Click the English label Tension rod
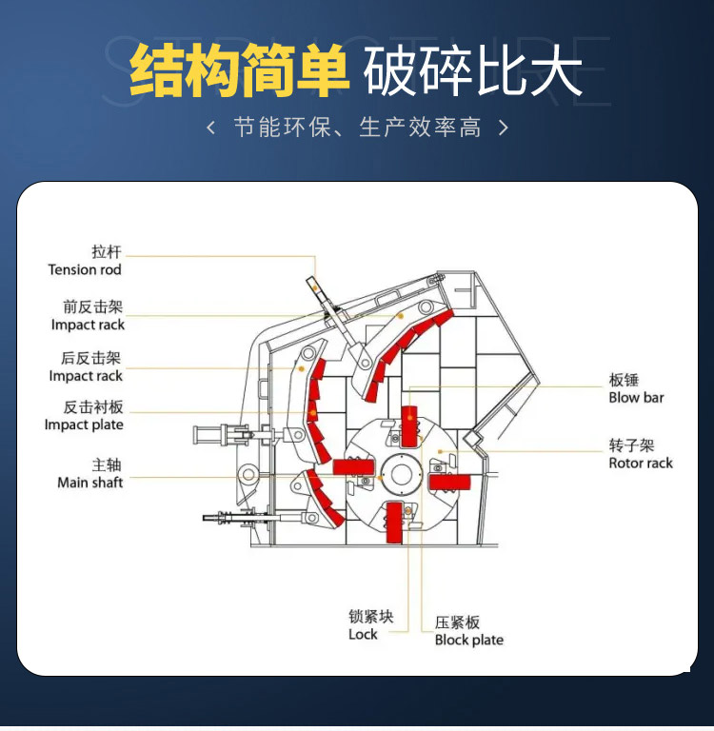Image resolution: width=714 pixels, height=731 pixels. pos(85,270)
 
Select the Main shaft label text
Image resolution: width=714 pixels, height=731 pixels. pos(90,483)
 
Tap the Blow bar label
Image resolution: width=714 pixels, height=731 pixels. pos(636,398)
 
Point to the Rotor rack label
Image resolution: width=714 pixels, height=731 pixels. pos(640,464)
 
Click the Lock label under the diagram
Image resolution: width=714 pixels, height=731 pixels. pos(363,635)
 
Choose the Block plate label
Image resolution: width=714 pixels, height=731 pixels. pos(468,641)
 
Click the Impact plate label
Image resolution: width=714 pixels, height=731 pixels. pos(84,425)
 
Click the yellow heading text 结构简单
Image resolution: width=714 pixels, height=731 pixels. pos(238,72)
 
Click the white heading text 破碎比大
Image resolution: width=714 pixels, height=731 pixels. pos(473,72)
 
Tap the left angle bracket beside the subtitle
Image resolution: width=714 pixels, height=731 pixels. pos(211,127)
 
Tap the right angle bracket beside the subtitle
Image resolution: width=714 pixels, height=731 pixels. pos(504,127)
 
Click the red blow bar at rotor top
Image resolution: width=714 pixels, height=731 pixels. pos(409,425)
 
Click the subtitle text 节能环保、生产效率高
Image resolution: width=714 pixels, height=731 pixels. pos(357,127)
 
